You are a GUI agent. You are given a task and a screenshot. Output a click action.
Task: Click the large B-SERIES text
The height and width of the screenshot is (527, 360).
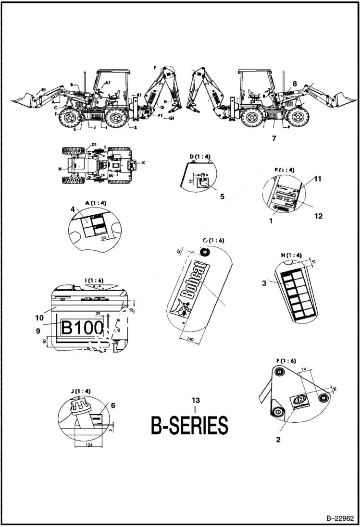[189, 426]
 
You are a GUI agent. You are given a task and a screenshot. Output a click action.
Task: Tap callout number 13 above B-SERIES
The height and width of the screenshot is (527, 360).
[195, 400]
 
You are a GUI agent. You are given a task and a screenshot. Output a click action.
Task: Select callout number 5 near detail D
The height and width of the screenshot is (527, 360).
[209, 196]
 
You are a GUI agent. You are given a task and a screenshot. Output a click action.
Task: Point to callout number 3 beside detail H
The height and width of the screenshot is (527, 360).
[264, 283]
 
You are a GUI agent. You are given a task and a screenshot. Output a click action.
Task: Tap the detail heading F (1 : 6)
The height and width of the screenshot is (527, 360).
[286, 360]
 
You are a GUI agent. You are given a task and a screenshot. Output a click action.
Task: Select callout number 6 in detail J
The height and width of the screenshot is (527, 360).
[113, 405]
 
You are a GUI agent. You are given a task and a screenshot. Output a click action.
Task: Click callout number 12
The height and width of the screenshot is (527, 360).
[318, 216]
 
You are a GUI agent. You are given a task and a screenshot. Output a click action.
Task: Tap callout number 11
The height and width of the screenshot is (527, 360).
[318, 179]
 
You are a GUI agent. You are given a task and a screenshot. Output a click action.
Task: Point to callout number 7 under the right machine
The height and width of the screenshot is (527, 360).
[274, 138]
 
